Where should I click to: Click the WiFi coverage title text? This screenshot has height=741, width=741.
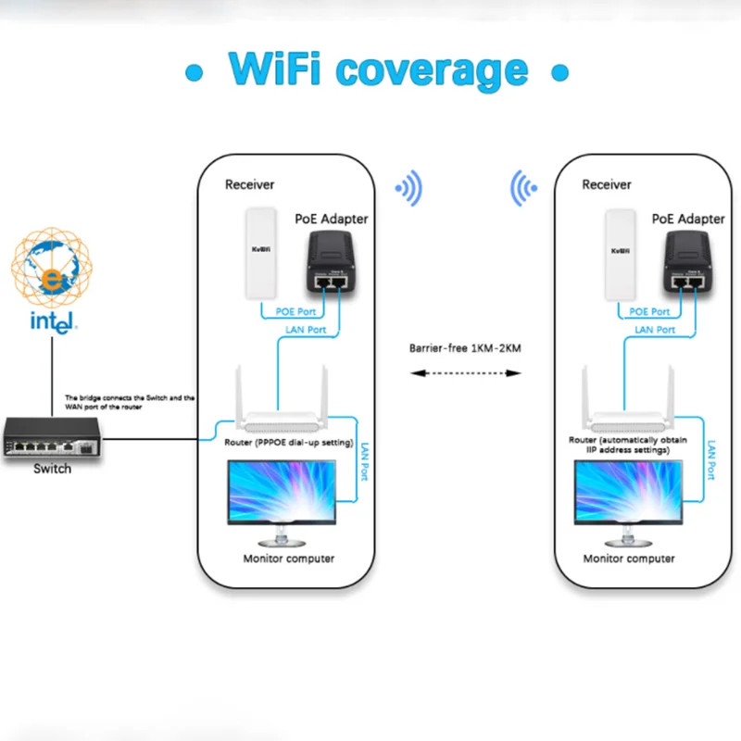pyautogui.click(x=377, y=70)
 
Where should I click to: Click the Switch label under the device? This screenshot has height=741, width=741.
pyautogui.click(x=52, y=469)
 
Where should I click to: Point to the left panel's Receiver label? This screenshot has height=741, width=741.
pyautogui.click(x=250, y=185)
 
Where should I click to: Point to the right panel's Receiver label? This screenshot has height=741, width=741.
pyautogui.click(x=607, y=185)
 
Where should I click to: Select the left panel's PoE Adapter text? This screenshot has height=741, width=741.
pyautogui.click(x=331, y=220)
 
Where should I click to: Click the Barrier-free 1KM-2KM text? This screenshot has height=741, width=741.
pyautogui.click(x=466, y=350)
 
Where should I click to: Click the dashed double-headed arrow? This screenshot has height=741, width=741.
pyautogui.click(x=466, y=373)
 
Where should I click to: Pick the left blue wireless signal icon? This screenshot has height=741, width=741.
pyautogui.click(x=408, y=188)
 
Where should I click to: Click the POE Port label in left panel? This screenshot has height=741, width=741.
pyautogui.click(x=295, y=311)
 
